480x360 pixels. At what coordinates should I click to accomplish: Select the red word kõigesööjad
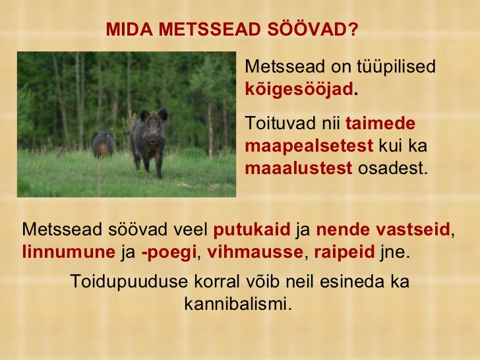(x=299, y=89)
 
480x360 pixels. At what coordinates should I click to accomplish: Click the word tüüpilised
(x=396, y=67)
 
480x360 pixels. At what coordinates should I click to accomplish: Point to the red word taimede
(x=380, y=123)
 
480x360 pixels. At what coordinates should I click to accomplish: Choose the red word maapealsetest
(x=309, y=146)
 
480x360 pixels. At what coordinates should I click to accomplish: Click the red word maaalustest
(x=299, y=168)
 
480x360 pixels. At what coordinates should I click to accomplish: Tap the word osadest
(x=393, y=168)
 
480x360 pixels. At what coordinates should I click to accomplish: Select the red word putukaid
(x=252, y=229)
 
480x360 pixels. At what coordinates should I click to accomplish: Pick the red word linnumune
(x=69, y=252)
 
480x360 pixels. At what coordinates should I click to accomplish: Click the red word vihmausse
(x=255, y=252)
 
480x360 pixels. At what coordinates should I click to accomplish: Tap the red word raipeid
(x=344, y=253)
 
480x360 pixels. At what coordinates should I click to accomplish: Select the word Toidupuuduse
(x=129, y=282)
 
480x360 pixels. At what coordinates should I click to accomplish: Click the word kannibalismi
(x=238, y=304)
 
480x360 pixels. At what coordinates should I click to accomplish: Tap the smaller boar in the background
(x=103, y=144)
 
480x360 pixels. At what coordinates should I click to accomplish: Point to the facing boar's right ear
(x=144, y=115)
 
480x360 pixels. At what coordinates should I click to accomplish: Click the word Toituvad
(x=281, y=123)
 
